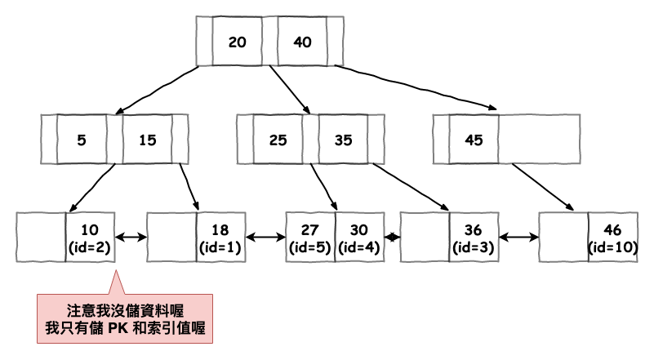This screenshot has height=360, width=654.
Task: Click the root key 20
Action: (237, 42)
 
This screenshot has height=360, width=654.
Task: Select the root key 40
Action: (302, 42)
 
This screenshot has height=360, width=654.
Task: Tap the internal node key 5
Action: (81, 140)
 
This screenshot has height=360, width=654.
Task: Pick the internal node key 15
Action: (147, 140)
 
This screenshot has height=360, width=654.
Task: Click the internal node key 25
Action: (278, 140)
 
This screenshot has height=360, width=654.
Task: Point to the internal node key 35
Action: (343, 140)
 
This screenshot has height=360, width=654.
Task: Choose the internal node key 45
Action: (474, 140)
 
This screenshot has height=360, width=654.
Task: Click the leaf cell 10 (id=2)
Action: (90, 237)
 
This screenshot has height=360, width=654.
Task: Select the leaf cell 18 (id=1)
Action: (220, 237)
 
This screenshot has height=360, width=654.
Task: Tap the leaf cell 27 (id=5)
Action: (310, 237)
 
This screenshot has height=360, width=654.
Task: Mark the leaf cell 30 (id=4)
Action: (359, 237)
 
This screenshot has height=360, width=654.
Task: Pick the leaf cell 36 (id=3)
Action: (474, 237)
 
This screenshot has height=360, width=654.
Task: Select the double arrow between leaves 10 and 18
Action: (131, 238)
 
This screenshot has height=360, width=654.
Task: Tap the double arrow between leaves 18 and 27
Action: (265, 238)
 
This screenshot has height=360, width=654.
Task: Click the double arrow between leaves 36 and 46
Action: (518, 238)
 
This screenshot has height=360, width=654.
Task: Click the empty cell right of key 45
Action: (538, 140)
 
